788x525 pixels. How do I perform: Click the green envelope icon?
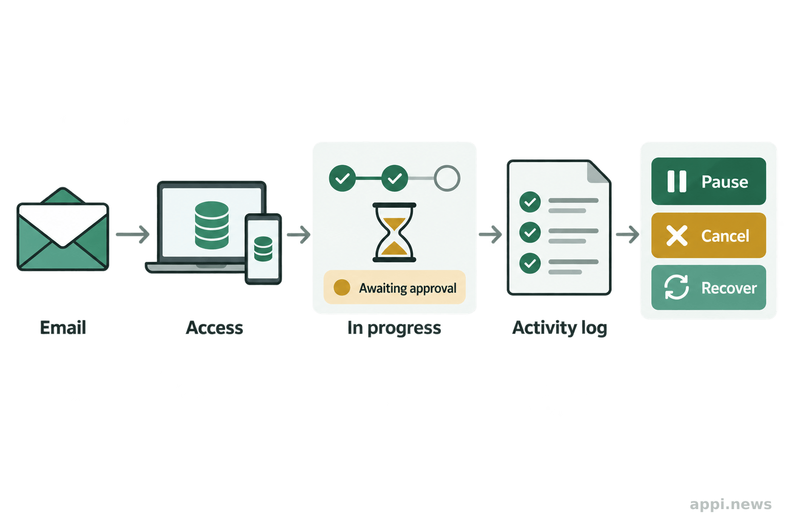coord(63,229)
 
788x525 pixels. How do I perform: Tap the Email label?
coord(63,328)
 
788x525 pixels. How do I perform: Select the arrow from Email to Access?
coord(133,234)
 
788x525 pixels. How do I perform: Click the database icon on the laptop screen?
coord(212,225)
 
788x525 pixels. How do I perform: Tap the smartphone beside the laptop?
coord(263,249)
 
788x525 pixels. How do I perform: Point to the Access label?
coord(214,328)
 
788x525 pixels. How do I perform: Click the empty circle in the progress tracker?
coord(447,178)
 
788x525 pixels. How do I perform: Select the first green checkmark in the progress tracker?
coord(342,178)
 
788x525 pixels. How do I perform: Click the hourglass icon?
coord(395,232)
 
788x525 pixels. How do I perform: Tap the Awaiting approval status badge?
coord(395,287)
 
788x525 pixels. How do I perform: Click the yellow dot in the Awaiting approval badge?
coord(342,287)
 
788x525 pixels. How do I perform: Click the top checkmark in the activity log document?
coord(530,202)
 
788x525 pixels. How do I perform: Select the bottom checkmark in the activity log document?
coord(530,263)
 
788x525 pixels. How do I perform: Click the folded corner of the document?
coord(599,172)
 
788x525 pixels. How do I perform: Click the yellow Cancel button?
coord(708,235)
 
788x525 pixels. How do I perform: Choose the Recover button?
coord(708,288)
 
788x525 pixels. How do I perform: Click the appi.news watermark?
coord(731,504)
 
